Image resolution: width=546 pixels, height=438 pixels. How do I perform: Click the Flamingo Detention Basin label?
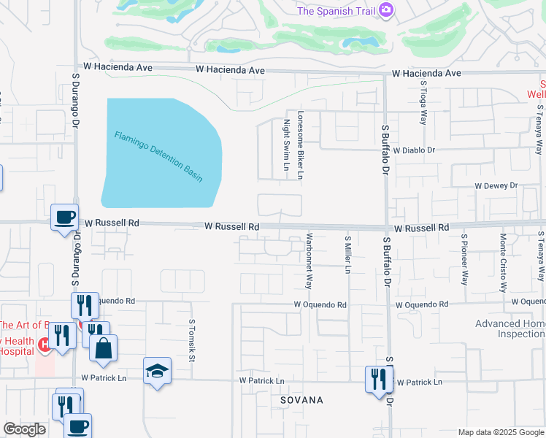point(158,156)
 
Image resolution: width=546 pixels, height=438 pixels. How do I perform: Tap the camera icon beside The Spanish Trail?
point(387,10)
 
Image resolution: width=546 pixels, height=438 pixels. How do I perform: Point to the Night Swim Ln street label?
point(287,149)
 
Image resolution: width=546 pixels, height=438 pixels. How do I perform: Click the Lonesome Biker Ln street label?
point(300,149)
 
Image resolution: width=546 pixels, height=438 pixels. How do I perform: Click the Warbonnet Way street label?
point(309,261)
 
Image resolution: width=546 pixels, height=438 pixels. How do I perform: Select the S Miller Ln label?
point(348,254)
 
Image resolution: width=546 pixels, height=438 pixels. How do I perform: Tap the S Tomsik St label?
point(192,339)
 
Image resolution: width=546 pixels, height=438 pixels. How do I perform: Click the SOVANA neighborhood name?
point(301,401)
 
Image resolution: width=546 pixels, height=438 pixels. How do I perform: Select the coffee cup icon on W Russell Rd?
point(64,216)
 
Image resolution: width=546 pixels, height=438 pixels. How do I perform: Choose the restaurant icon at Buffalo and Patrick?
point(378,379)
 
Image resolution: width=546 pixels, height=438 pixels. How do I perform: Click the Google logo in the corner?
point(24,429)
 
